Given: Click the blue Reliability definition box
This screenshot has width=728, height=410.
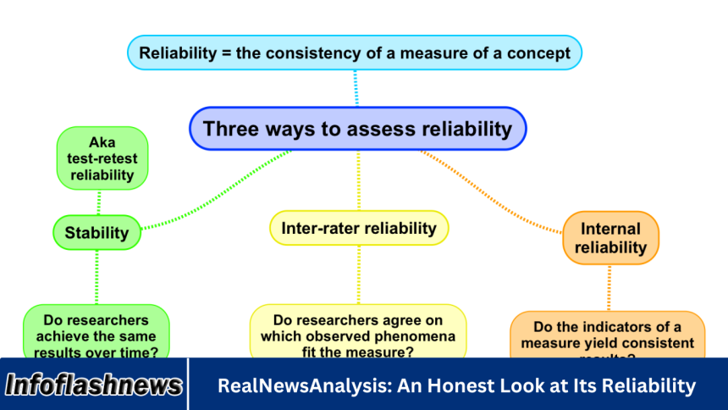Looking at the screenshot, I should [x=355, y=53].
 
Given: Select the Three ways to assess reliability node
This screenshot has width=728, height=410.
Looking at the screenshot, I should [x=357, y=129].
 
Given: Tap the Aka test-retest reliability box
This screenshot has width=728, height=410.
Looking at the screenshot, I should [x=102, y=158].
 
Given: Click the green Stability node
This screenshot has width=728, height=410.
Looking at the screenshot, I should [x=97, y=232].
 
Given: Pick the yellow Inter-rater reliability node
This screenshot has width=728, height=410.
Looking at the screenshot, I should [x=359, y=228].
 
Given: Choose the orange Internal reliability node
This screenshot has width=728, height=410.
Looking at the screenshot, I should [x=610, y=238].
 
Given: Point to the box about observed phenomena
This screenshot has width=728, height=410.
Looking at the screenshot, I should [x=357, y=334].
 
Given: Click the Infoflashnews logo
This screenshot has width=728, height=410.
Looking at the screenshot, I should [x=94, y=385].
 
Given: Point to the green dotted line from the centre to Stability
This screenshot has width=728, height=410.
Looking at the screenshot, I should [x=220, y=191].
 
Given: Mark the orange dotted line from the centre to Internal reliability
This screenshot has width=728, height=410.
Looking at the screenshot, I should [x=499, y=191].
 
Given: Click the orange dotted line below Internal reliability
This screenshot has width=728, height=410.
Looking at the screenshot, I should [x=609, y=288].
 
